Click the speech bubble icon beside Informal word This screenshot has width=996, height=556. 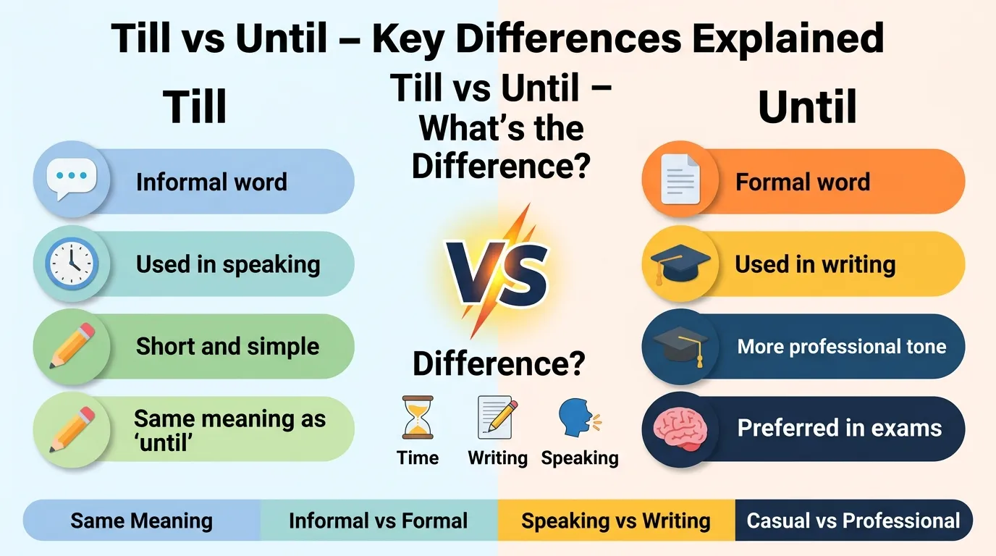tap(72, 180)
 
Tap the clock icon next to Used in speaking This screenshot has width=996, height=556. tap(72, 263)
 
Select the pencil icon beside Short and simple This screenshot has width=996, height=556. tap(72, 345)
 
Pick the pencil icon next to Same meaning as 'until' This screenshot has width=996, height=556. tap(72, 428)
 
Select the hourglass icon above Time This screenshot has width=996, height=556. tap(418, 418)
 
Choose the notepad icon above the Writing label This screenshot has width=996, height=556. tap(497, 418)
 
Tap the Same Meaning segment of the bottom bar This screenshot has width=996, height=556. tap(142, 521)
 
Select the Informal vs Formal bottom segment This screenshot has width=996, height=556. tap(378, 521)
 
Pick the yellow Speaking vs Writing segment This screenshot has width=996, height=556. tap(616, 521)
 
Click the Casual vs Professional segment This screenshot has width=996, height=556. tap(853, 521)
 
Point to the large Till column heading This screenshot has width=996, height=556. tap(195, 108)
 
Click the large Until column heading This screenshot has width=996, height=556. tap(807, 108)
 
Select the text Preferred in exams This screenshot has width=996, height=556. tap(840, 428)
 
